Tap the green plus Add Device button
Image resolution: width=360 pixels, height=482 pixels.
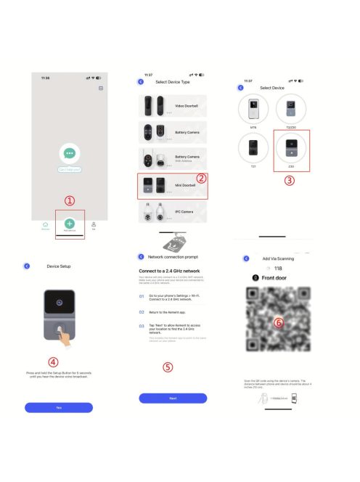(69, 224)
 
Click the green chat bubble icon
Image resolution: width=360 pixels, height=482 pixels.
(69, 153)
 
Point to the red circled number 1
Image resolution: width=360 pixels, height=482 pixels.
(70, 201)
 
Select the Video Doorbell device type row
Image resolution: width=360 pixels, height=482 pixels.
(173, 106)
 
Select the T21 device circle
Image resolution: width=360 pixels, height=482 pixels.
(253, 148)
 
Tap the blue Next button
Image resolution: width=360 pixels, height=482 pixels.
(173, 398)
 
